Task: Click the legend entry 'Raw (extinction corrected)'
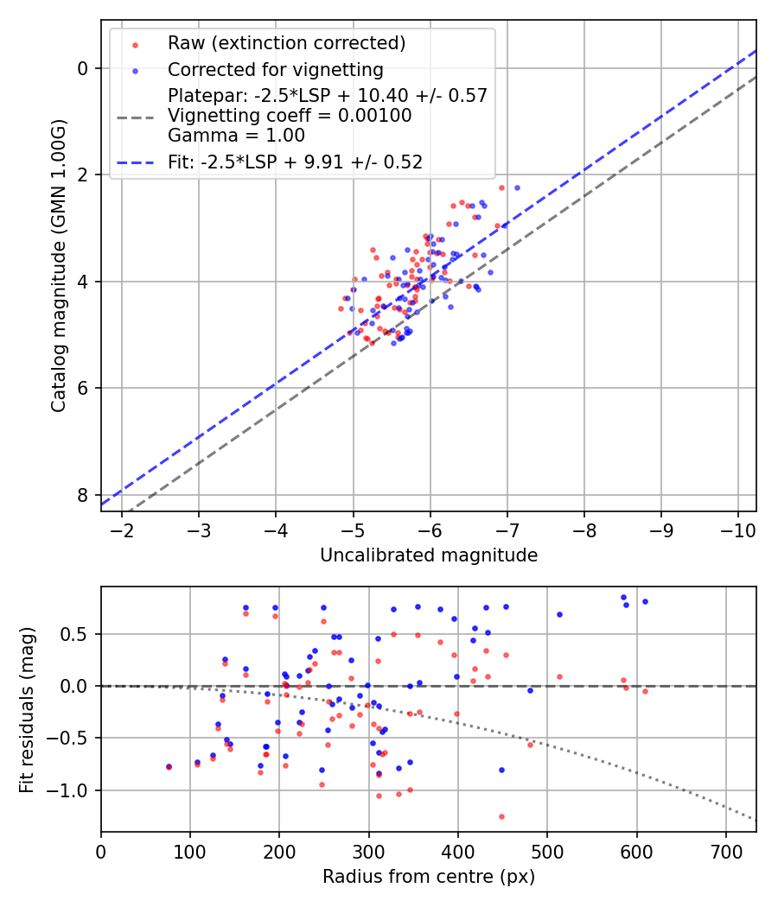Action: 286,43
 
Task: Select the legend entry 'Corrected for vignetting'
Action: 275,69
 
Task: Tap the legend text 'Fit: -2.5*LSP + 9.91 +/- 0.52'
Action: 295,162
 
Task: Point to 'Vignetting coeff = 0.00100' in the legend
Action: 290,116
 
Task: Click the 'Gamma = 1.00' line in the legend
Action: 236,136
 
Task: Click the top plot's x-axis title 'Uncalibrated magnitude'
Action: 429,555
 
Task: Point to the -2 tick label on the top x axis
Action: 122,530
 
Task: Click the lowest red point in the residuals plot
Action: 501,816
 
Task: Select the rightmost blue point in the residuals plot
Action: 645,601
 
